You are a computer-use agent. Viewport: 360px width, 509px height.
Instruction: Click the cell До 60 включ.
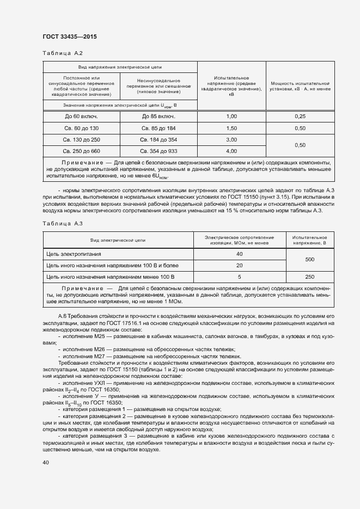tap(81, 116)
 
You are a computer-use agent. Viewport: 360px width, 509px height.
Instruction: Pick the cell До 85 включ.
tap(158, 116)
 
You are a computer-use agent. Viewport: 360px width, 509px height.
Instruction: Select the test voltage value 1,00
tap(231, 116)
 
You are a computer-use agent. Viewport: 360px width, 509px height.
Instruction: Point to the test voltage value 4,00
tap(231, 151)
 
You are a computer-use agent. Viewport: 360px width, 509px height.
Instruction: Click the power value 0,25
tap(300, 116)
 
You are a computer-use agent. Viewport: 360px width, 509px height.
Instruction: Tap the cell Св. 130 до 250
tap(81, 139)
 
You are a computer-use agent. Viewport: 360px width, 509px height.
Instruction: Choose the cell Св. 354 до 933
tap(158, 151)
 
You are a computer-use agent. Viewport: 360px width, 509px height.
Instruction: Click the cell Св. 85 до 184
tap(158, 128)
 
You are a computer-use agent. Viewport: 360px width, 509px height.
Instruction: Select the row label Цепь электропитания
tap(74, 254)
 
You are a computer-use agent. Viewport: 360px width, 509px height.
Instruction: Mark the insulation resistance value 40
tap(239, 254)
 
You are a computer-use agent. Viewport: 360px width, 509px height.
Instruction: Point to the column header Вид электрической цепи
tap(118, 240)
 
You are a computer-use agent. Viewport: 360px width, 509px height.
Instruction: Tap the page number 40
tap(46, 462)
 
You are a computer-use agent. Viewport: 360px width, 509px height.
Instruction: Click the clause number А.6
tap(62, 316)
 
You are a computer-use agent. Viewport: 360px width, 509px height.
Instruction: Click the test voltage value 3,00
tap(231, 139)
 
